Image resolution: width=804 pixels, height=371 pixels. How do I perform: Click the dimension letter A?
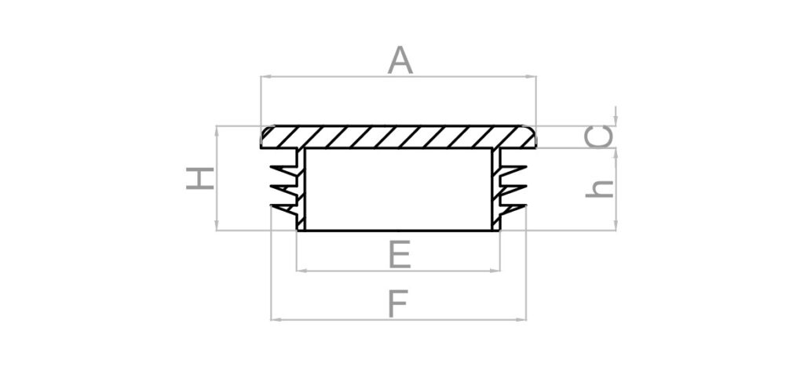pyautogui.click(x=400, y=60)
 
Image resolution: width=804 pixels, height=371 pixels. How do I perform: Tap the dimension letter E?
pyautogui.click(x=399, y=255)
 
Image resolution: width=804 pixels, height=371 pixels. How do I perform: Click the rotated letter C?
pyautogui.click(x=599, y=137)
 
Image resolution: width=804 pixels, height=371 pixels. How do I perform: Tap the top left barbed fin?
pyautogui.click(x=282, y=169)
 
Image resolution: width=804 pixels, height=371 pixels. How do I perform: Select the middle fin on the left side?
pyautogui.click(x=283, y=189)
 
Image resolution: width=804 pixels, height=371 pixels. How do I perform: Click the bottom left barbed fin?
pyautogui.click(x=283, y=208)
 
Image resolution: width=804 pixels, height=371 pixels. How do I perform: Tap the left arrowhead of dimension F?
pyautogui.click(x=275, y=319)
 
